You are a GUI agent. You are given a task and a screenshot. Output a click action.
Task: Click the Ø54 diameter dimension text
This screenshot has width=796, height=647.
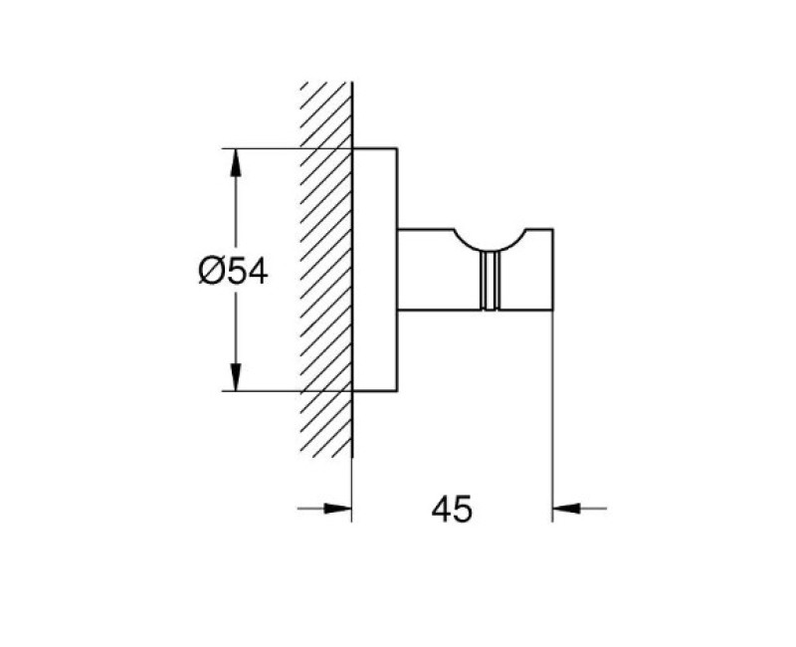233,271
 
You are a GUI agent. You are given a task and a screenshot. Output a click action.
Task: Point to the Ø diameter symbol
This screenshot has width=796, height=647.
211,271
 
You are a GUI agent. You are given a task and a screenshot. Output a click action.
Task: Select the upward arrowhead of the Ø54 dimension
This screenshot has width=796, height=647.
235,163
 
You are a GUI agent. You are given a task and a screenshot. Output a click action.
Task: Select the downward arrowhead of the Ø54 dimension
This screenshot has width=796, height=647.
235,377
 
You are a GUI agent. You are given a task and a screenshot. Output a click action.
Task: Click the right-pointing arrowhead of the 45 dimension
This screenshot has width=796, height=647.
337,508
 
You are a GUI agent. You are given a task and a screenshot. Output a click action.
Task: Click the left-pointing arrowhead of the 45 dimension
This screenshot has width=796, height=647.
566,508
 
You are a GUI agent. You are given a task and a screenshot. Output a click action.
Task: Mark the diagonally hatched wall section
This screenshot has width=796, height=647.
326,269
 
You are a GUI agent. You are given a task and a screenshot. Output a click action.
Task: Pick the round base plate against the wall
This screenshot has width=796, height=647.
375,270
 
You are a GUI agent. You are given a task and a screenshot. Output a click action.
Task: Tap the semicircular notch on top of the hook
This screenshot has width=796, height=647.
490,240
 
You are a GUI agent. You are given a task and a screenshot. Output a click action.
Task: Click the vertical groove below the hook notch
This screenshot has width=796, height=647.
490,281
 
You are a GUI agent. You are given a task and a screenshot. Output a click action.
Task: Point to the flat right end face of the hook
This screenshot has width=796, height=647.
553,269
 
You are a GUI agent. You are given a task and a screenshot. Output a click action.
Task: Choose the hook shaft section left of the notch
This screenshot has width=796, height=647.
439,269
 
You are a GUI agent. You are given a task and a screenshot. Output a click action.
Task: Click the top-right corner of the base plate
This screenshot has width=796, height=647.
397,148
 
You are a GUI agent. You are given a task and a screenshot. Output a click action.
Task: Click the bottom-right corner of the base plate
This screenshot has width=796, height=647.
397,391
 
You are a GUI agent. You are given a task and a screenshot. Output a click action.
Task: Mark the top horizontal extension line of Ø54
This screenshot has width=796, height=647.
287,148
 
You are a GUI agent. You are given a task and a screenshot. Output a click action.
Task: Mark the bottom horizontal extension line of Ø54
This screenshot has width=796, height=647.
287,391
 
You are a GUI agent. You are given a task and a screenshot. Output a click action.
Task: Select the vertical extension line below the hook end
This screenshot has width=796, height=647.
553,416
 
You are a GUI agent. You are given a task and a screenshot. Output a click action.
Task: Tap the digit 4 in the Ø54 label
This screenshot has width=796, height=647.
258,271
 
